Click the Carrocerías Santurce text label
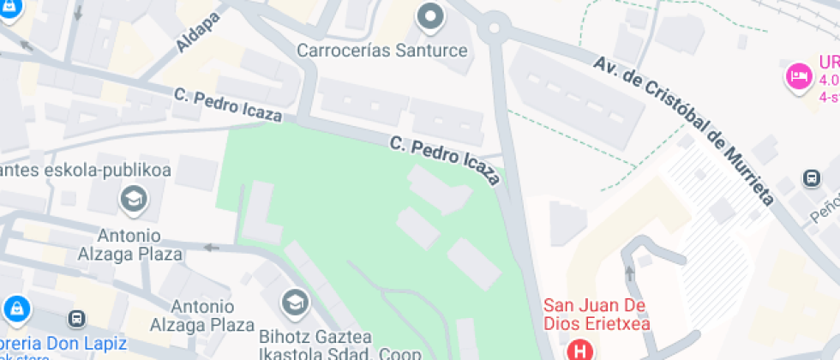(382, 51)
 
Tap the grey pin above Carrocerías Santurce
(430, 16)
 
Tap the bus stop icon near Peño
(810, 179)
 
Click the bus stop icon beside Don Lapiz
(77, 318)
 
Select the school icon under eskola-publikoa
(134, 201)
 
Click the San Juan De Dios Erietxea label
(597, 315)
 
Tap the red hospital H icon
(581, 350)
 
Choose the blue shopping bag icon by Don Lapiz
(16, 309)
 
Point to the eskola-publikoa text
(86, 170)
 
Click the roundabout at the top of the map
(494, 27)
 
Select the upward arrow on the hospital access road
(632, 273)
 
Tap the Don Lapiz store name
(64, 345)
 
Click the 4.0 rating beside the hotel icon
(829, 80)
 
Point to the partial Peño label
(825, 209)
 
